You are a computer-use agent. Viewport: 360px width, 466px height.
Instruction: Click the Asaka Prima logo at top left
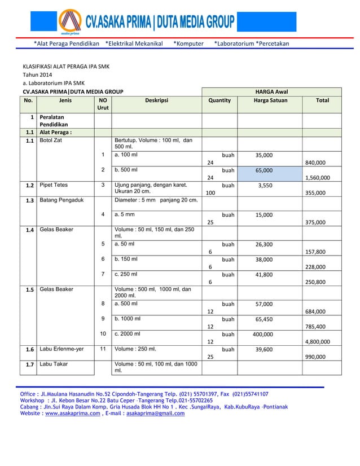[x=69, y=23]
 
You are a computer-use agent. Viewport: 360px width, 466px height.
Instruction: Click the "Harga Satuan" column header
[x=270, y=100]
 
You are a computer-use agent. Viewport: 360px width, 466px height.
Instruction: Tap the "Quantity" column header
[x=219, y=100]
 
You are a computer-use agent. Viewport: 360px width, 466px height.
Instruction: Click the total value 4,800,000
[x=317, y=341]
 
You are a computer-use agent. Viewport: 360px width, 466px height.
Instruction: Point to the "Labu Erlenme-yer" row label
[x=62, y=349]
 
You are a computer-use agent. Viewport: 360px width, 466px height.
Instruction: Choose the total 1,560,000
[x=317, y=178]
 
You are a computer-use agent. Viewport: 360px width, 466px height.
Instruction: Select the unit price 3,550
[x=265, y=184]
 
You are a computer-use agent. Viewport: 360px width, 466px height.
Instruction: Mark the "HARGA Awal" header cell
[x=270, y=91]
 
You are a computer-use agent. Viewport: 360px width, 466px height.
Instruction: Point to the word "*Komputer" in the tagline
[x=188, y=43]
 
